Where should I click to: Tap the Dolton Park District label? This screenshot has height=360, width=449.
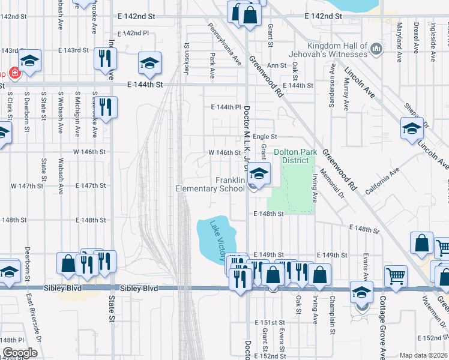(x=295, y=156)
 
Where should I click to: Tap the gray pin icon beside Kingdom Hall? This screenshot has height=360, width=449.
(x=376, y=47)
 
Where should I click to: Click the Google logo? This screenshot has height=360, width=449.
(x=19, y=353)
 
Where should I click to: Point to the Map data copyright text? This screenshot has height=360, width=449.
(x=423, y=355)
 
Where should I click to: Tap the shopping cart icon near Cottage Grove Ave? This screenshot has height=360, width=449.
(x=396, y=277)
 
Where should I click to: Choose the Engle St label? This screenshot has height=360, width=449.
(x=264, y=137)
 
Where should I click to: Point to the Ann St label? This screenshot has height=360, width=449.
(x=276, y=65)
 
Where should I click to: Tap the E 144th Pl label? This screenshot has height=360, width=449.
(x=226, y=107)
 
